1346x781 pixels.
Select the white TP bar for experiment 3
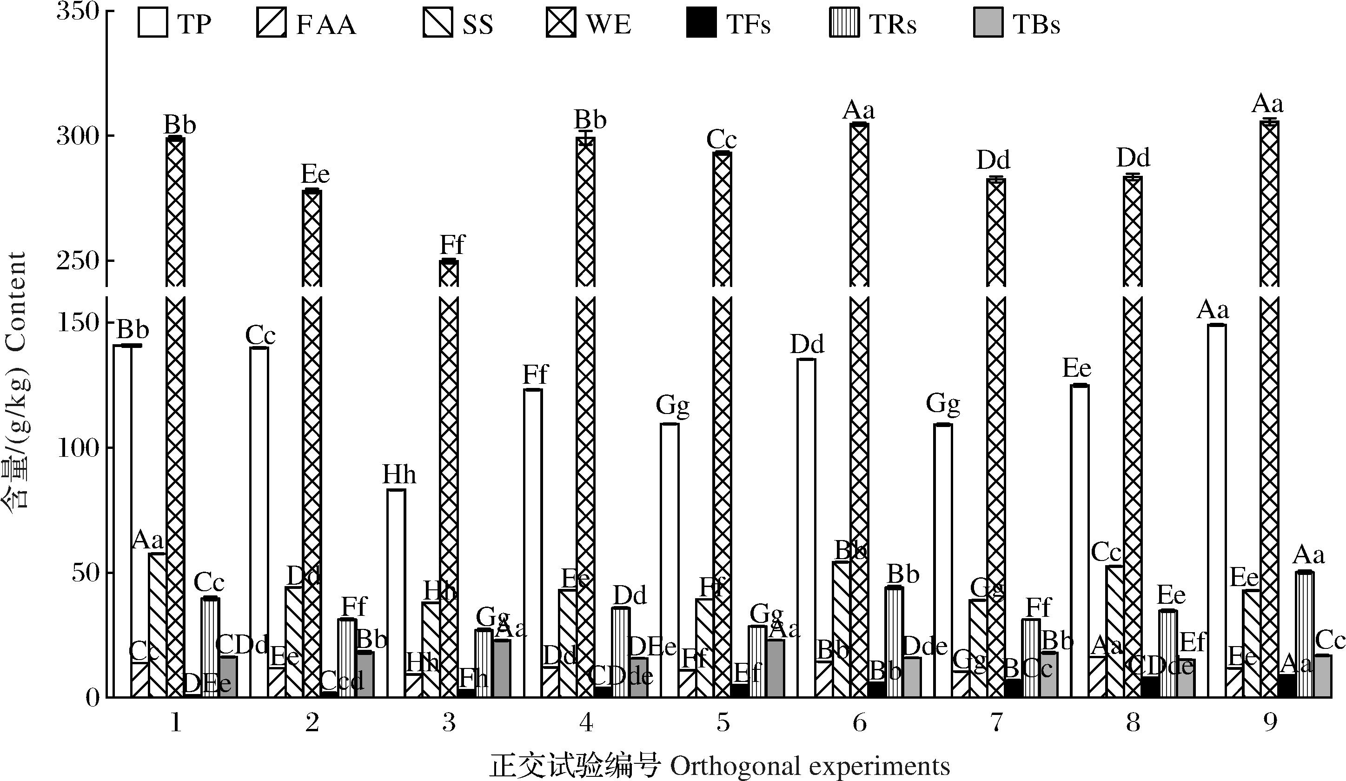click(x=396, y=593)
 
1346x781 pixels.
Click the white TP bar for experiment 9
click(x=1216, y=510)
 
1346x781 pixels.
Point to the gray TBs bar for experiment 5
click(x=776, y=668)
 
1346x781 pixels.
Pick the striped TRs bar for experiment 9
click(x=1304, y=634)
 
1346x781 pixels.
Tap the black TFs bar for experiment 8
click(x=1150, y=687)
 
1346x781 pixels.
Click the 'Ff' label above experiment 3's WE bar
click(x=452, y=245)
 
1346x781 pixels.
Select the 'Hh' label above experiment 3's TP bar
click(x=399, y=475)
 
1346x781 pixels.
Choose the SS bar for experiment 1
click(x=158, y=625)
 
